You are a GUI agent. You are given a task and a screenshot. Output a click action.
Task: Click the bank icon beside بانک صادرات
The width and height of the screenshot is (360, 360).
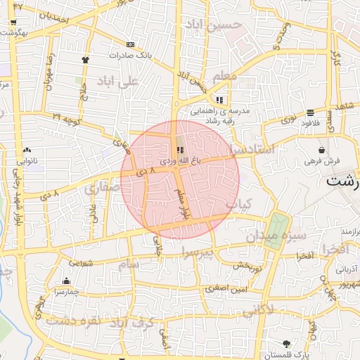pos(131,44)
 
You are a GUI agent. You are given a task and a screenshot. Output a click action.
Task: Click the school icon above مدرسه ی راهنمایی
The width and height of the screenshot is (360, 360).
pos(220,100)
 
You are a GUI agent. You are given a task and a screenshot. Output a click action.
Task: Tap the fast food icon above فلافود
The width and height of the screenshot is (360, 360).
pos(310,112)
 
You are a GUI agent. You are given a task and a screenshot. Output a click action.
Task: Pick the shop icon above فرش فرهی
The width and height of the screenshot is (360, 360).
pos(321,150)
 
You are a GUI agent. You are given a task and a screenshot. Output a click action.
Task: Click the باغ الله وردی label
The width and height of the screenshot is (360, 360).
pos(180,162)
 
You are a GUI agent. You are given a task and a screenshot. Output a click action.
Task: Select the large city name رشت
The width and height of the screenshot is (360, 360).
pos(343,181)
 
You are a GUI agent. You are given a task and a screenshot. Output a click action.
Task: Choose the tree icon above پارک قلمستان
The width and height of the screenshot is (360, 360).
pos(286,344)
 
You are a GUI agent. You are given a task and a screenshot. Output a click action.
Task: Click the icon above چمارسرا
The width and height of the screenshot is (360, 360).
pos(66,281)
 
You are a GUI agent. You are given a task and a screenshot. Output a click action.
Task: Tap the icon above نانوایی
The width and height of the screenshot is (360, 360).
pos(27,150)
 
